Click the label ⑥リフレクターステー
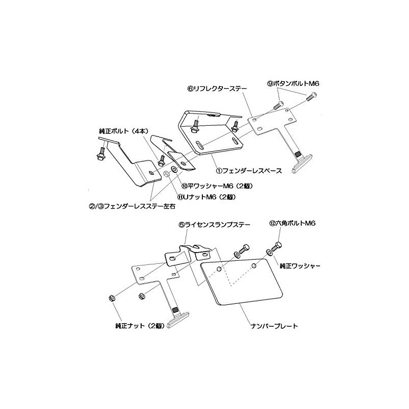point(217,88)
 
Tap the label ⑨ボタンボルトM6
point(293,84)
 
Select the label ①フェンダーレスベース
point(249,171)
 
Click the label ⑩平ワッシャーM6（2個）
point(217,186)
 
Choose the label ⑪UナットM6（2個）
point(207,197)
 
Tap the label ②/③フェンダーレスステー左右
point(132,207)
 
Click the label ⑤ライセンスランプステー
point(214,224)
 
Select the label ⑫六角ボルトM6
point(292,223)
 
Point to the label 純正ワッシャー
point(300,266)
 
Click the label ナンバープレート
point(274,326)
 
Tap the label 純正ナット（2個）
point(140,326)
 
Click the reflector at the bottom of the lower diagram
point(178,320)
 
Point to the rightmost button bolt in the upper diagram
point(312,97)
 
